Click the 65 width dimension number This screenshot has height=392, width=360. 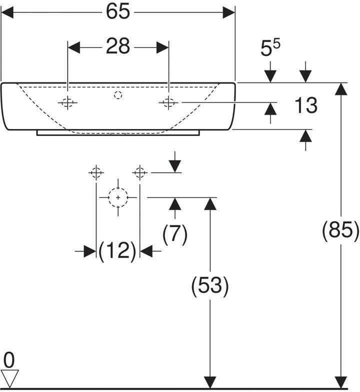(x=118, y=11)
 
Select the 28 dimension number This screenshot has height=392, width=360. (x=118, y=46)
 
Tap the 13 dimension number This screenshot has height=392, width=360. (x=306, y=105)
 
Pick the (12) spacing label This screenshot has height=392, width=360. (x=117, y=251)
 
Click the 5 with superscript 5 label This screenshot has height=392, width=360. (x=270, y=47)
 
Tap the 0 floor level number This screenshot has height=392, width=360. (x=9, y=360)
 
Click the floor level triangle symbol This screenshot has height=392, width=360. (x=10, y=378)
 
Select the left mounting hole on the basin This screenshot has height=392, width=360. (x=67, y=102)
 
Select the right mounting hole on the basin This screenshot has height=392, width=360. (x=169, y=102)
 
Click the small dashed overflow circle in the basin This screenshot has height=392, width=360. (x=118, y=95)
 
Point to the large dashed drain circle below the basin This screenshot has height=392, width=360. (x=118, y=197)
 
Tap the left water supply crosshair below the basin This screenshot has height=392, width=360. (x=96, y=172)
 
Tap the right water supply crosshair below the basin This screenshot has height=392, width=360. (x=140, y=172)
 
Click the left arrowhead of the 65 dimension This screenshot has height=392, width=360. (x=7, y=12)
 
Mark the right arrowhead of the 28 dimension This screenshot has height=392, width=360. (x=162, y=47)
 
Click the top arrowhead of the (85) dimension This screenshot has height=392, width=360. (x=340, y=89)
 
